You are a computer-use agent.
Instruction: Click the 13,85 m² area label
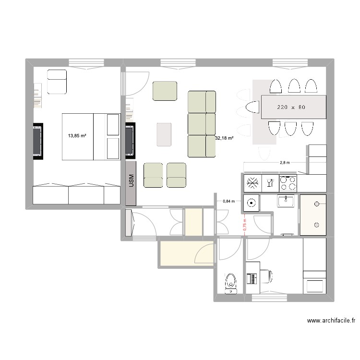[x=77, y=136]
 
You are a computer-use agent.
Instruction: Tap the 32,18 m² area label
[x=224, y=138]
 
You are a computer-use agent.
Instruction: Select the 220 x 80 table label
[x=291, y=107]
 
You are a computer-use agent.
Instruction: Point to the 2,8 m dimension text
[x=285, y=163]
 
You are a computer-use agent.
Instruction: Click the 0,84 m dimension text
[x=229, y=201]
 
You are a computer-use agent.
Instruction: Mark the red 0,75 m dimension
[x=245, y=225]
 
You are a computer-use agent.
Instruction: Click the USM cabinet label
[x=132, y=180]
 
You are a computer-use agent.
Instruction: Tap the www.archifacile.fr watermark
[x=331, y=320]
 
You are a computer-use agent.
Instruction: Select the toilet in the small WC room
[x=231, y=284]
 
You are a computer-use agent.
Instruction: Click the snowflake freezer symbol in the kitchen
[x=252, y=183]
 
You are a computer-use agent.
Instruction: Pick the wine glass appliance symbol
[x=270, y=183]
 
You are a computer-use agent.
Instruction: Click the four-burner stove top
[x=288, y=183]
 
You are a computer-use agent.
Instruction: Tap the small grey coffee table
[x=164, y=134]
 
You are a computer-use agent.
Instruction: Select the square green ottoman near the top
[x=165, y=91]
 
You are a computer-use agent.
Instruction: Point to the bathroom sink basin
[x=286, y=201]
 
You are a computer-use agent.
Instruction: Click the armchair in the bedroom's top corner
[x=57, y=82]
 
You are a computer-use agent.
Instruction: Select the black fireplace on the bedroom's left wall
[x=38, y=141]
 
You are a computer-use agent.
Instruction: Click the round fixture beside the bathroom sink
[x=252, y=203]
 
